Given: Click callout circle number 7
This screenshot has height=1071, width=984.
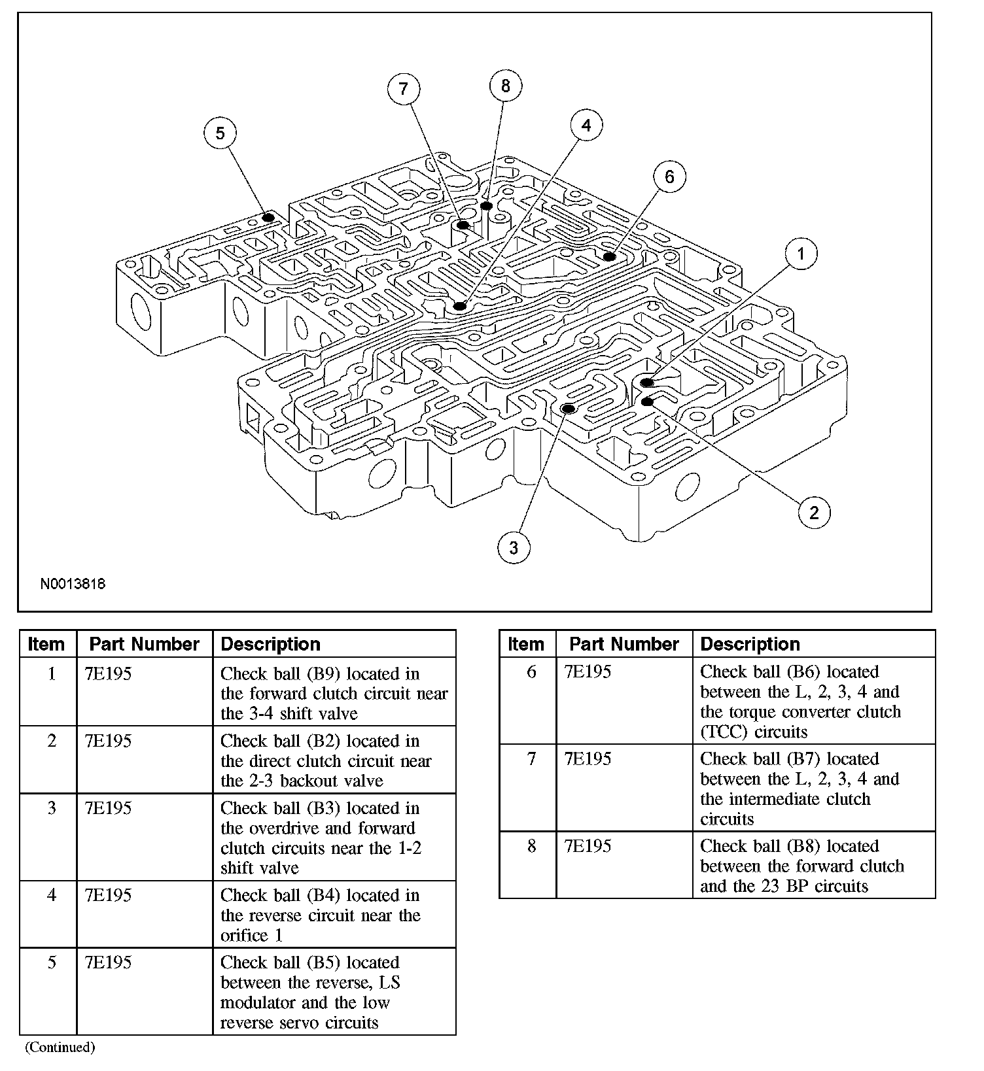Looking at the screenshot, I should click(x=403, y=89).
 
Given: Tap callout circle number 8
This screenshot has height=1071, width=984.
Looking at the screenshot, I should click(x=505, y=86).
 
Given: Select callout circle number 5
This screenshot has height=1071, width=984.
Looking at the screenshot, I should click(x=220, y=133).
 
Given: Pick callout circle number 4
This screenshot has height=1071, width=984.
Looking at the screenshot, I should click(x=586, y=125).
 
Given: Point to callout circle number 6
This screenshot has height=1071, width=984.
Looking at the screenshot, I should click(x=669, y=177).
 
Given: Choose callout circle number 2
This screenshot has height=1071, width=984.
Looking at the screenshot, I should click(x=814, y=512).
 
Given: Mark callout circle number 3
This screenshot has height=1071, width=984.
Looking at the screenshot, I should click(x=514, y=547).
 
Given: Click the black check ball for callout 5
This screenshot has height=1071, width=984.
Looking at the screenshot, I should click(x=268, y=217).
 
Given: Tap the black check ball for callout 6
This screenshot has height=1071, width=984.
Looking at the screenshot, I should click(x=610, y=256).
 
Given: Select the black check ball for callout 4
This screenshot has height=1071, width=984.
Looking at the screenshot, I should click(x=460, y=305).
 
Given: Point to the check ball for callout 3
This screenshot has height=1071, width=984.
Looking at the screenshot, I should click(x=569, y=409).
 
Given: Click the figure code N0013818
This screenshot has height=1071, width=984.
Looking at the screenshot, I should click(x=73, y=584).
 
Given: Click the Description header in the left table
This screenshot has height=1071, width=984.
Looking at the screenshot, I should click(x=271, y=644).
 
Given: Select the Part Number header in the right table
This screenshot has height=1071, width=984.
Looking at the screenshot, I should click(x=624, y=644).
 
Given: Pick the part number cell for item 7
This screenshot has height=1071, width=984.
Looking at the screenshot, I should click(x=588, y=758).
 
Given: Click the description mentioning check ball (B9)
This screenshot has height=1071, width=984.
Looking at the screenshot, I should click(x=334, y=693).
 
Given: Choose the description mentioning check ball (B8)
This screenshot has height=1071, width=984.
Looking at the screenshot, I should click(x=802, y=866).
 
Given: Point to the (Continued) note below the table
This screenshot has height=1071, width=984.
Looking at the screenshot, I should click(x=60, y=1047).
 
